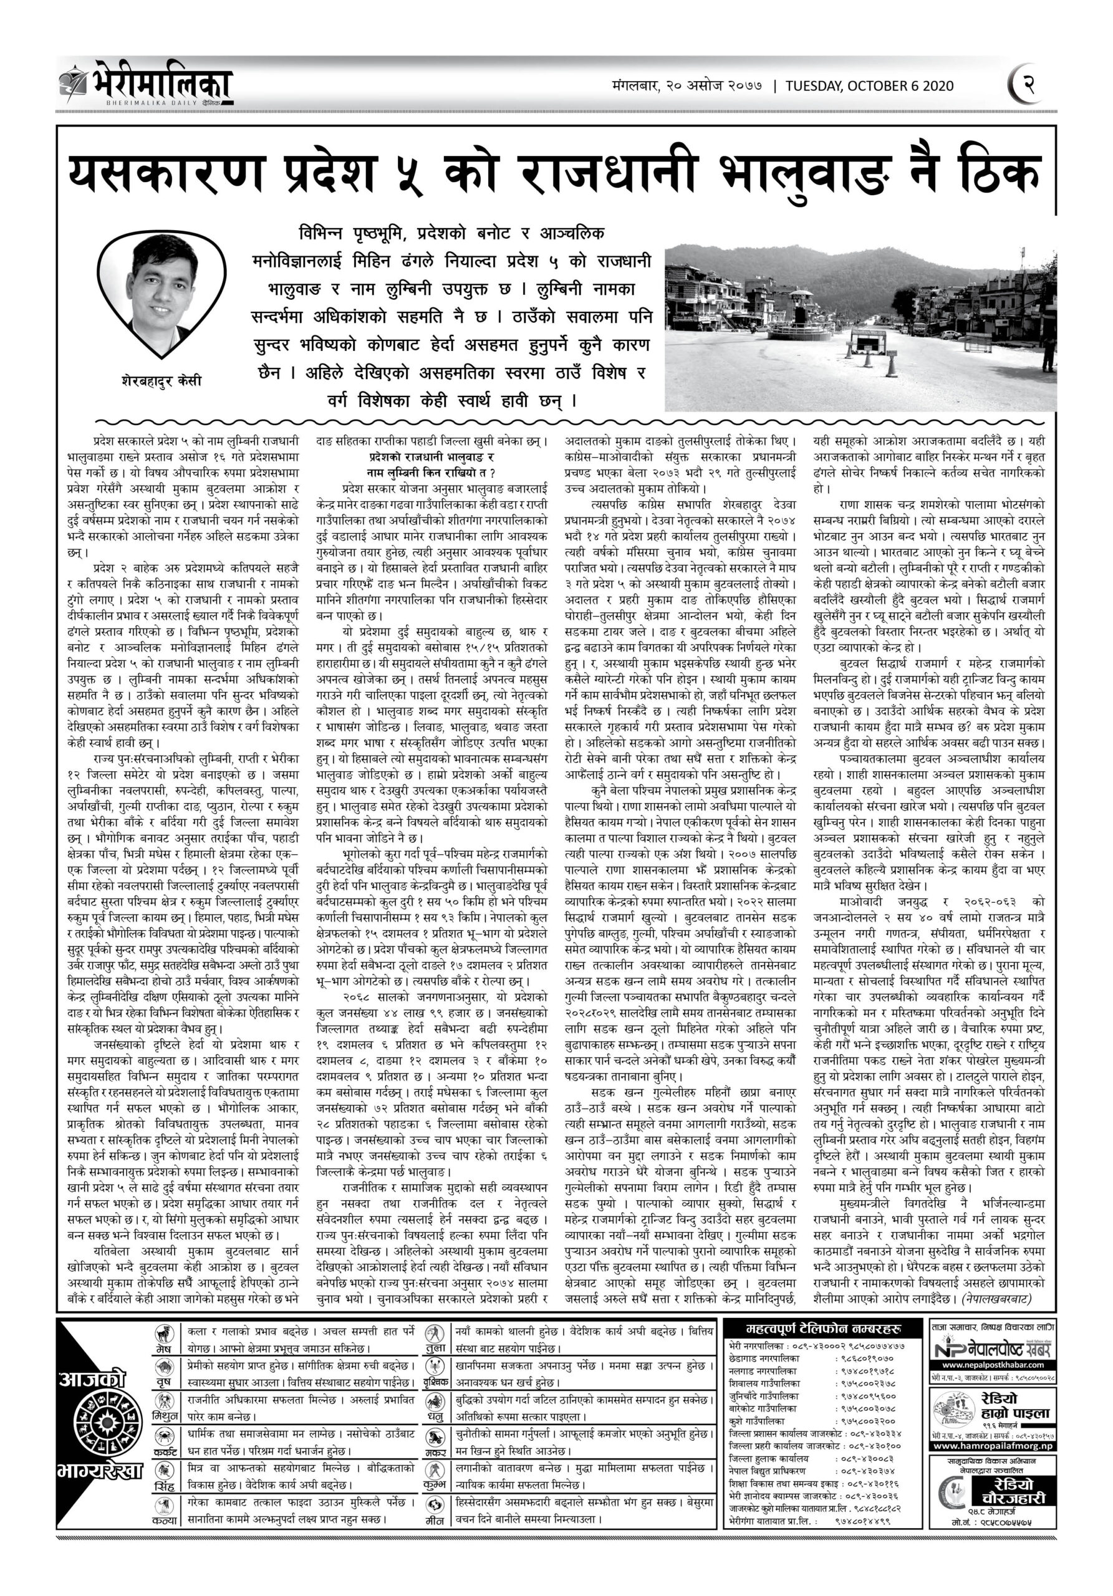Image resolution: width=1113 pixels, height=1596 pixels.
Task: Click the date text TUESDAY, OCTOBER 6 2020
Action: pos(869,86)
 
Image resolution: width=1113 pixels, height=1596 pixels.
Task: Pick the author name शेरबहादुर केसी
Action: pos(161,381)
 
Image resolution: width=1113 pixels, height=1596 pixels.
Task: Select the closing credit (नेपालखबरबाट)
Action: pos(996,1298)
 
